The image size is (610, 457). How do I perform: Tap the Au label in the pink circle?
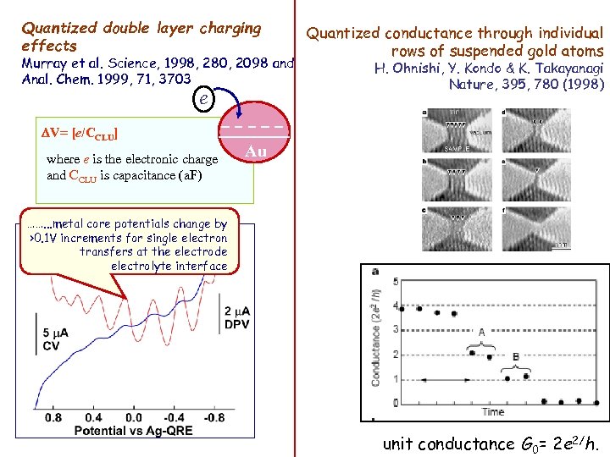coord(255,152)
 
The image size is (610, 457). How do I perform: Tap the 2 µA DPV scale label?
coord(237,316)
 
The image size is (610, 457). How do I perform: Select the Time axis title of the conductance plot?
coord(492,411)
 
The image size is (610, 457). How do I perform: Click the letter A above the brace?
coord(482,333)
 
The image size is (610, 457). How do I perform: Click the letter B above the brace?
coord(516,356)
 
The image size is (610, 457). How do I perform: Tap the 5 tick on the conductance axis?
coord(395,281)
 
